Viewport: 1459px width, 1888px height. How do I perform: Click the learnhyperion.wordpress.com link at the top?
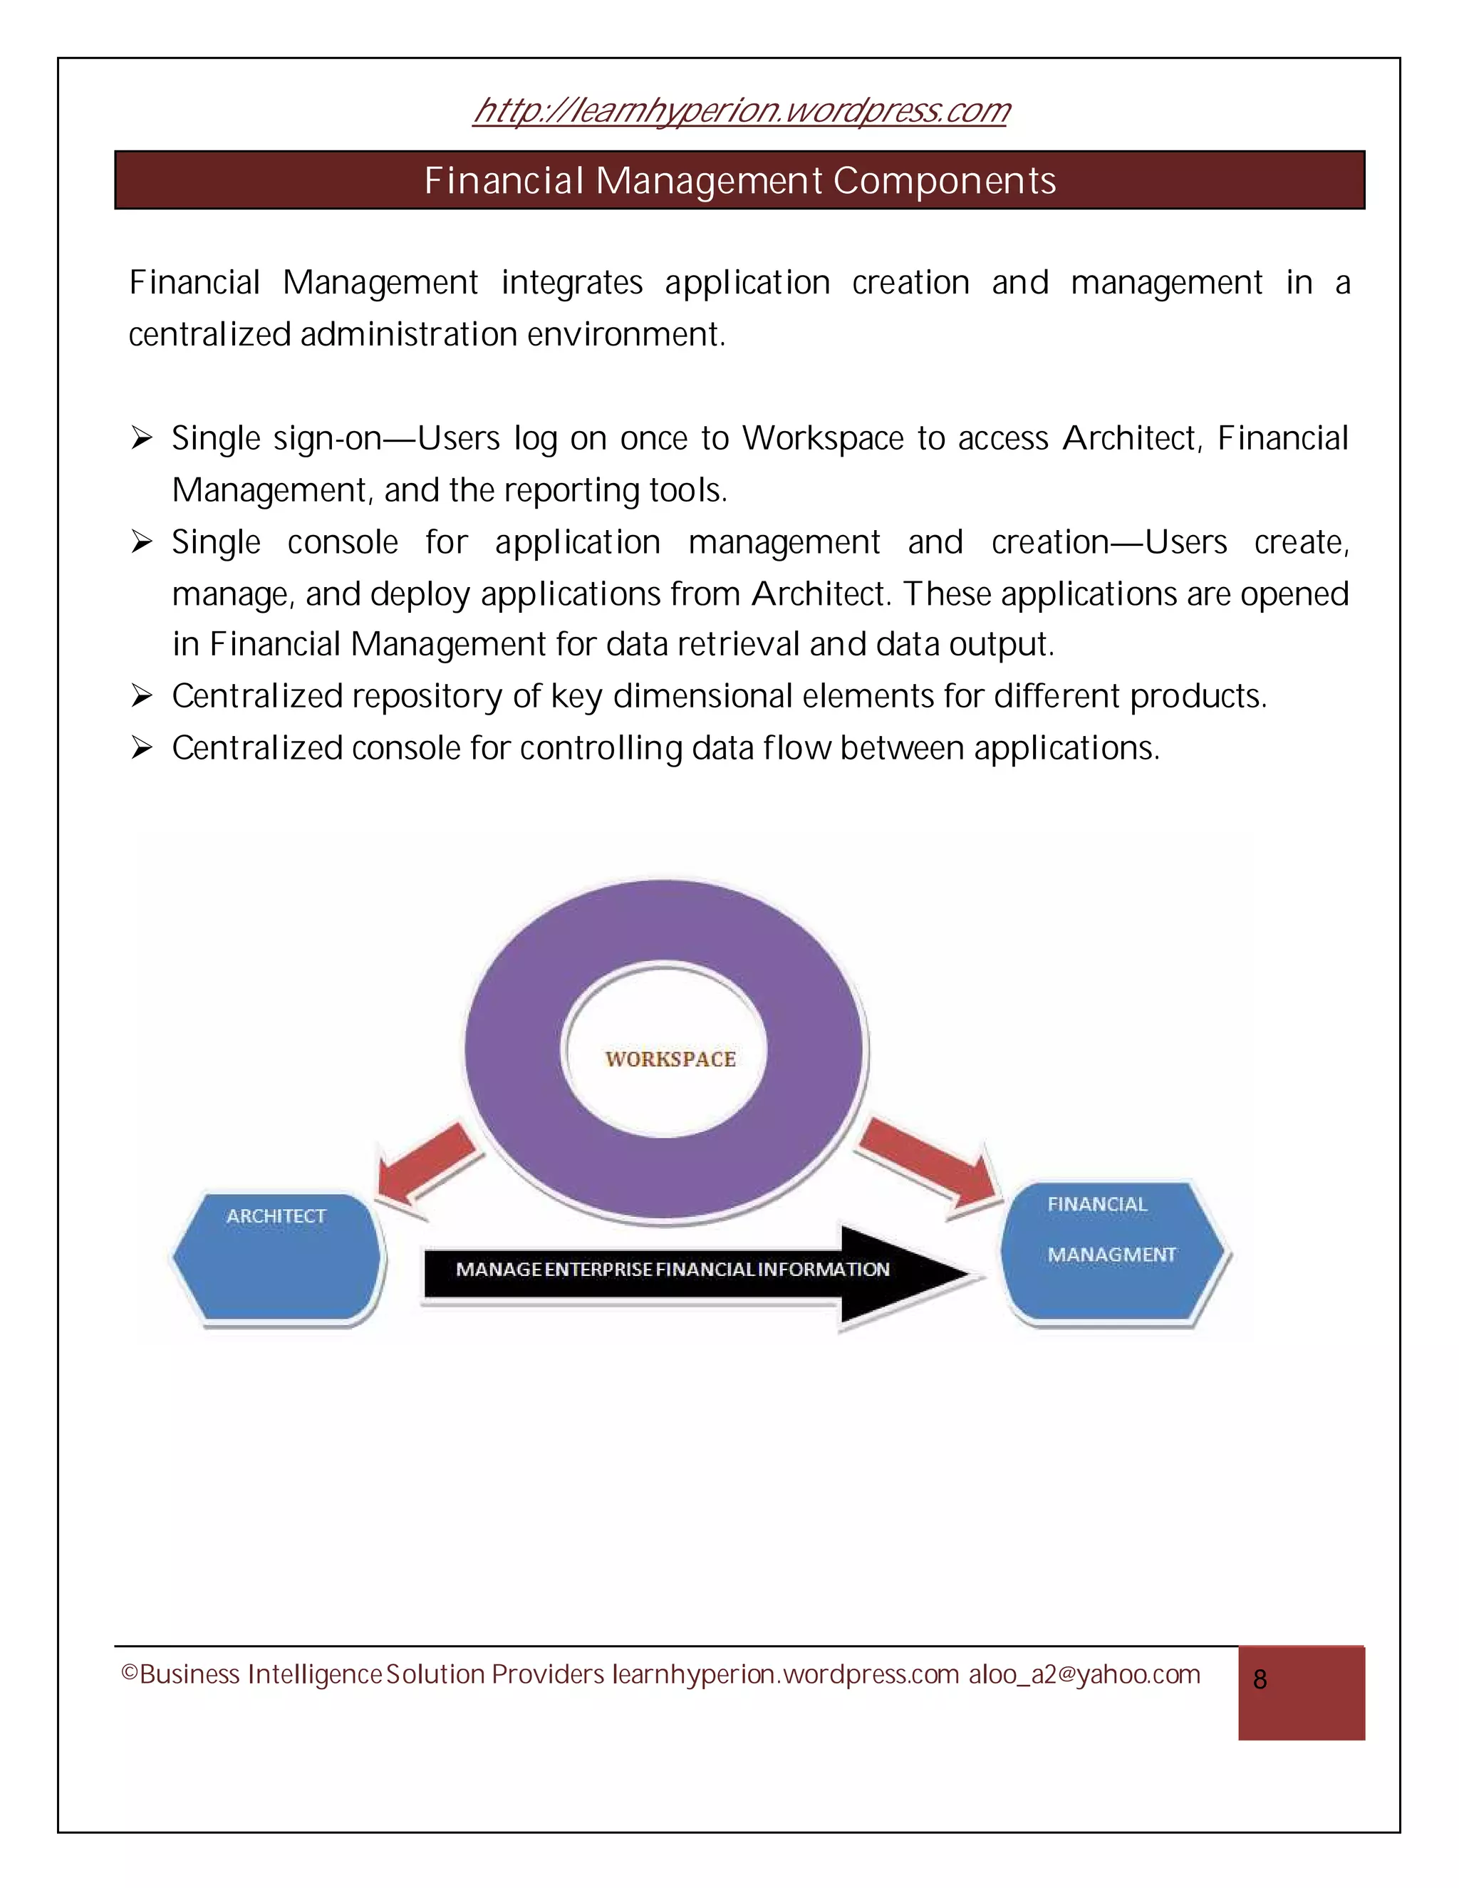tap(741, 110)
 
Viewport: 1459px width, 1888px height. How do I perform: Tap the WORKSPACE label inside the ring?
tap(670, 1059)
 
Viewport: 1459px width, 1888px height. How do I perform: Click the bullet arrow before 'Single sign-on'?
tap(141, 439)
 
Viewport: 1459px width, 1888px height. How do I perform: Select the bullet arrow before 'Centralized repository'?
tap(141, 696)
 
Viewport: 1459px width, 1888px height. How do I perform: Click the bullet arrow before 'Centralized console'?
tap(141, 748)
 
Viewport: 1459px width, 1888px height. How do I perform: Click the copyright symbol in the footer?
tap(130, 1674)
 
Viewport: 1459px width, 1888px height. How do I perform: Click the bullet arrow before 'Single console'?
tap(141, 543)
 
